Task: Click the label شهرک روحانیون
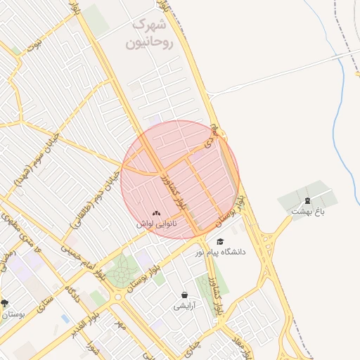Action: (148, 34)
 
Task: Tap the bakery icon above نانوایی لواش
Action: (156, 213)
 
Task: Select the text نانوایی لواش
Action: (156, 224)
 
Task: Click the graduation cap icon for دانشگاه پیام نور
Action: (220, 242)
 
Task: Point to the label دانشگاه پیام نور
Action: (220, 252)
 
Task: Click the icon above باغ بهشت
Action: (307, 201)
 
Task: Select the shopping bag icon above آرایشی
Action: (184, 295)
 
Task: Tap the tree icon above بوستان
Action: (5, 304)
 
